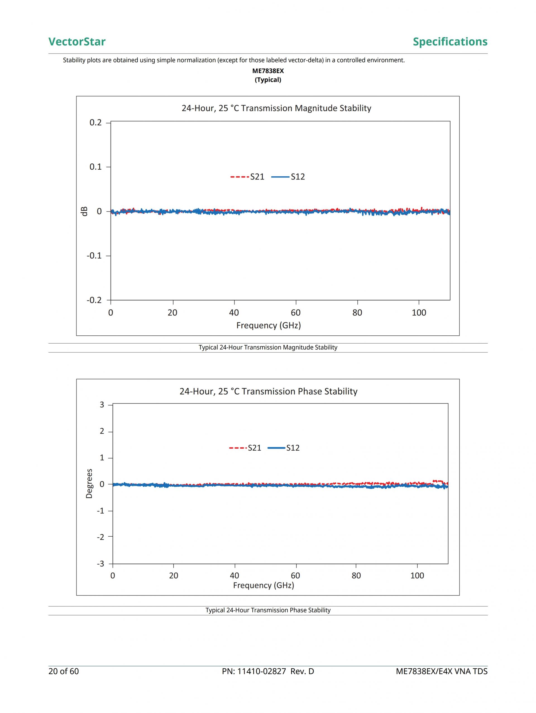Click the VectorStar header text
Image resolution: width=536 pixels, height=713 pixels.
(x=77, y=42)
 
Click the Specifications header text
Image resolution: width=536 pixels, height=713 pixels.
(x=450, y=42)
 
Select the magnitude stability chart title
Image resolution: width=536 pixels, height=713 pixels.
(x=276, y=108)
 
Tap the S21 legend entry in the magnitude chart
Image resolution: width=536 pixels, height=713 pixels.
(x=247, y=177)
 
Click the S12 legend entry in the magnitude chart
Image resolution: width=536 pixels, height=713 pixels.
(x=288, y=177)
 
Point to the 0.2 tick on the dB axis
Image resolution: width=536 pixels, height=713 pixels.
(x=95, y=123)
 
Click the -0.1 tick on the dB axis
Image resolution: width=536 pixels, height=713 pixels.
(x=94, y=256)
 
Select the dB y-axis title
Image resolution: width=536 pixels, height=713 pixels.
(x=85, y=212)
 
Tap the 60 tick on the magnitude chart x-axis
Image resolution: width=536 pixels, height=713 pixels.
(x=295, y=312)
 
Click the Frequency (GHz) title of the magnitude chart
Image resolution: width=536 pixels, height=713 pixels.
(x=268, y=325)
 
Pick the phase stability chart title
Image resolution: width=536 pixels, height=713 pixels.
(x=268, y=391)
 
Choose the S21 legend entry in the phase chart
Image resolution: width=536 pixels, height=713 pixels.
(x=245, y=448)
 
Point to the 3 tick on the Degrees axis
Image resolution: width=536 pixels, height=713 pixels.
(x=102, y=405)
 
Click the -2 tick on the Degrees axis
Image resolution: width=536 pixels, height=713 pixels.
(x=100, y=537)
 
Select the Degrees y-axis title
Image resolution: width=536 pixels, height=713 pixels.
(x=89, y=484)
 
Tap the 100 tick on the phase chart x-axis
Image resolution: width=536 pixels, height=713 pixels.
(x=417, y=575)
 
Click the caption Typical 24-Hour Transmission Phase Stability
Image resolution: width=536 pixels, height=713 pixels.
(x=268, y=610)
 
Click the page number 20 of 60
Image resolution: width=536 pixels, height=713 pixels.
(x=64, y=671)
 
